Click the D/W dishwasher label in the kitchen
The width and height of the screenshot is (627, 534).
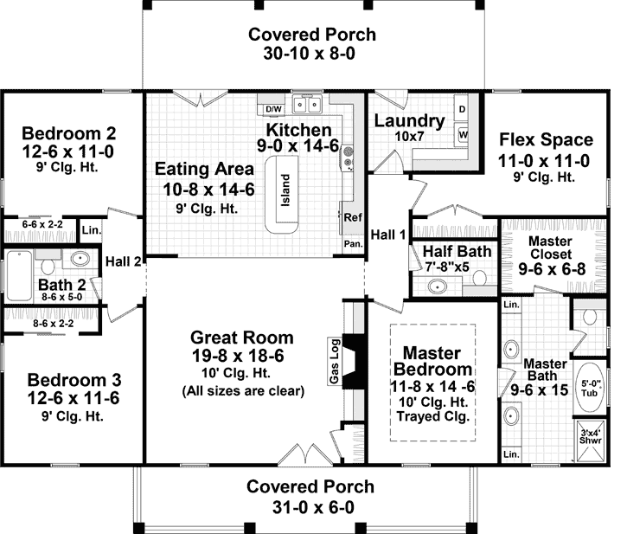273,108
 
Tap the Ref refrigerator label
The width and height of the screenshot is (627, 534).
353,217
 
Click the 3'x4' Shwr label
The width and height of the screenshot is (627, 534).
592,437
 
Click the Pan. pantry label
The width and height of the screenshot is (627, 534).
353,245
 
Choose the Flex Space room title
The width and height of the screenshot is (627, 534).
545,140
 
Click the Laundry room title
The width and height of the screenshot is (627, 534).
409,121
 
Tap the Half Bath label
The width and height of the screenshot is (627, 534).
457,251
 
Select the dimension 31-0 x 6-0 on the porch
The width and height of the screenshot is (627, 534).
310,506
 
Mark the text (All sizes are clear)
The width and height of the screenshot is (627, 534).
243,390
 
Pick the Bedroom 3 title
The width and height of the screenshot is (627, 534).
74,380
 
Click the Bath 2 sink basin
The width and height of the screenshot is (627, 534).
80,258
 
